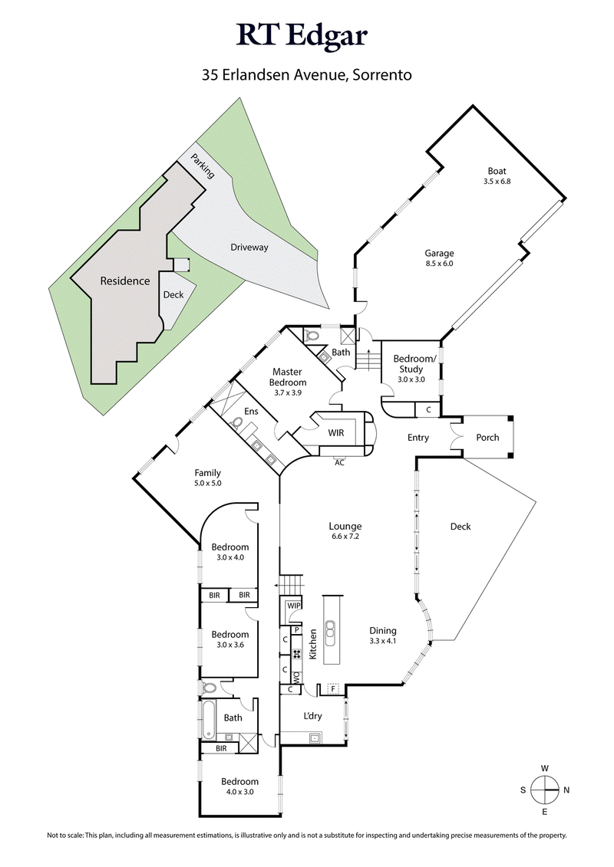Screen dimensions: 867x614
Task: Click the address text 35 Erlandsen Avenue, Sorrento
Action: point(307,75)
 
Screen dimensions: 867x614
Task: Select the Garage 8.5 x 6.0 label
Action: point(440,258)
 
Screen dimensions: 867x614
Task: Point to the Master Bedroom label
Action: point(289,377)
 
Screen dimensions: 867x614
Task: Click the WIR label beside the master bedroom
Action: point(335,433)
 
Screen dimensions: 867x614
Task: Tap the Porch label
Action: point(487,438)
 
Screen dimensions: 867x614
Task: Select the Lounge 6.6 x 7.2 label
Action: point(345,531)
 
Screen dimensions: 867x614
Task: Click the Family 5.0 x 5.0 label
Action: point(207,478)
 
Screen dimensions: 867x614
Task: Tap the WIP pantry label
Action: point(293,606)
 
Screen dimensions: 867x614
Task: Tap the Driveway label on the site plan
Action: point(249,248)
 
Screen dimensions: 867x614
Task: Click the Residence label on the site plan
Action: point(125,281)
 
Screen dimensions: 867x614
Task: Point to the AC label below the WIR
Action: point(339,462)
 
